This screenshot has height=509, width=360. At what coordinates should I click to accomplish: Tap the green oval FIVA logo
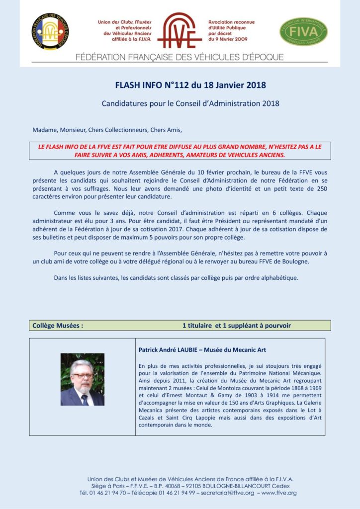303,32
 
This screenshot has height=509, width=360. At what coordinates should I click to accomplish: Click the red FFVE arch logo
180,30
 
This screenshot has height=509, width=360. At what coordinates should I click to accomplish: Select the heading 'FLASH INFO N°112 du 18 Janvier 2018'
190,85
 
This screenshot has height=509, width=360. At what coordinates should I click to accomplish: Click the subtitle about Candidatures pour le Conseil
190,104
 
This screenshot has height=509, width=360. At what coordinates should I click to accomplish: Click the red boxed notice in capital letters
180,151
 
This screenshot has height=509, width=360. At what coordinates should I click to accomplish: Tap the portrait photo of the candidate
83,379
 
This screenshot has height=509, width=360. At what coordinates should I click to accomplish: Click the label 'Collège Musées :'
58,326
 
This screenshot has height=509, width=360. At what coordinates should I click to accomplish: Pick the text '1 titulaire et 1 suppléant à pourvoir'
236,326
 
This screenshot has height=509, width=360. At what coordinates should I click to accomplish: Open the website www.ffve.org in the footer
279,493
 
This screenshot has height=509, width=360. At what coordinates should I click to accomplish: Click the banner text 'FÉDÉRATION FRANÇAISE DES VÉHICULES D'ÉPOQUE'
180,57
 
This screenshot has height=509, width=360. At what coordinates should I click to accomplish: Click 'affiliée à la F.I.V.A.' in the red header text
127,38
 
